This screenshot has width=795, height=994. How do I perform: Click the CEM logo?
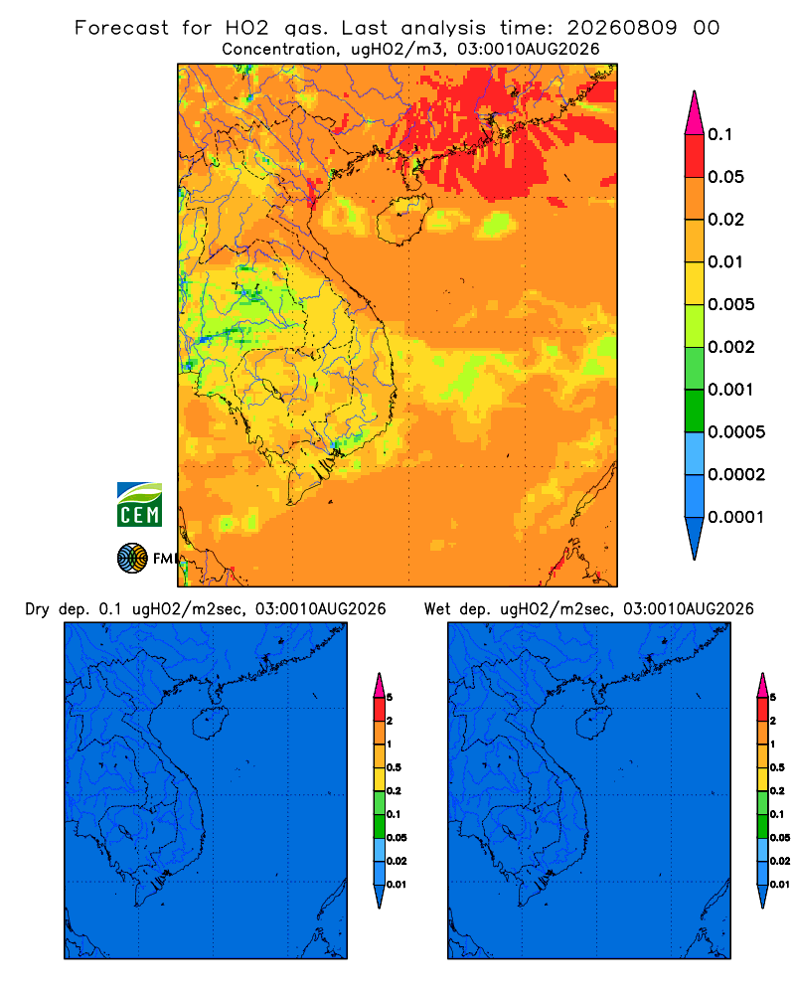(139, 505)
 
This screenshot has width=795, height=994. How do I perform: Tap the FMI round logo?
(132, 558)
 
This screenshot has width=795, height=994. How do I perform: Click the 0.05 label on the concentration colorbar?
(725, 177)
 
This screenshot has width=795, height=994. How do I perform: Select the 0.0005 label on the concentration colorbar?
(736, 431)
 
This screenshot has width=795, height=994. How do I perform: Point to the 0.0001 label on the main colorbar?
(736, 517)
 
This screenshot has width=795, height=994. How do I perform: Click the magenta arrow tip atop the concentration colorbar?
(695, 112)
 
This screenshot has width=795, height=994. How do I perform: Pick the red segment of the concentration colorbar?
(695, 156)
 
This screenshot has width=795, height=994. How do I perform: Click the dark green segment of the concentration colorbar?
(695, 411)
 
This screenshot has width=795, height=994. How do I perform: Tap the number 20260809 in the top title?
(622, 28)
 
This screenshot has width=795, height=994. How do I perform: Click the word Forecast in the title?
(121, 28)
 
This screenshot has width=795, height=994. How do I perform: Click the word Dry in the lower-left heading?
(37, 609)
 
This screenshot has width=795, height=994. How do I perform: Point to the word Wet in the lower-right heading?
(437, 609)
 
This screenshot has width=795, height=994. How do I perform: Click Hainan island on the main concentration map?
(403, 220)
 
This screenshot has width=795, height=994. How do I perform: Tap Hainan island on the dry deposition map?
(210, 724)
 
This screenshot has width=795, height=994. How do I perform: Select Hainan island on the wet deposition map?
(594, 724)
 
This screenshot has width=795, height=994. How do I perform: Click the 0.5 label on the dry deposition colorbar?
(394, 767)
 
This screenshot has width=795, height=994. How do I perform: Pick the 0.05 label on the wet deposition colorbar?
(780, 837)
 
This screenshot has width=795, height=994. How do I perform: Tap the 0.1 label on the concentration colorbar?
(719, 134)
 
